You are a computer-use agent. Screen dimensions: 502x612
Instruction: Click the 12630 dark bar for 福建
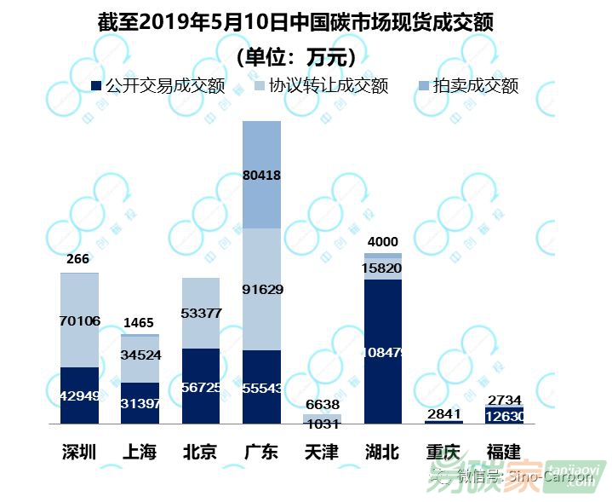pos(505,415)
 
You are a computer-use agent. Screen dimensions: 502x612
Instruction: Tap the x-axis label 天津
pos(322,452)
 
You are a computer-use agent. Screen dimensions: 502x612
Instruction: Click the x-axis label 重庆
pos(443,452)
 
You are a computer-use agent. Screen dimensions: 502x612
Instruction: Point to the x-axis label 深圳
pos(80,452)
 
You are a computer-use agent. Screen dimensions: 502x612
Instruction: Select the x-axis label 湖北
pos(383,452)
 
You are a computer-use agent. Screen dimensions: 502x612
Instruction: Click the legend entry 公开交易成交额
pos(157,86)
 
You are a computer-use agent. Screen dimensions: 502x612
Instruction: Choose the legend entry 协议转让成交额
pos(320,86)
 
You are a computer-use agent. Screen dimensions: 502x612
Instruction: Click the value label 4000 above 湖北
pos(383,241)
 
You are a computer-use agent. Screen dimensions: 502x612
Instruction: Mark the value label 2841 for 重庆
pos(443,414)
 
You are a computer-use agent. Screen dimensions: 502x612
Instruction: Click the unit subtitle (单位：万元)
pos(295,57)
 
